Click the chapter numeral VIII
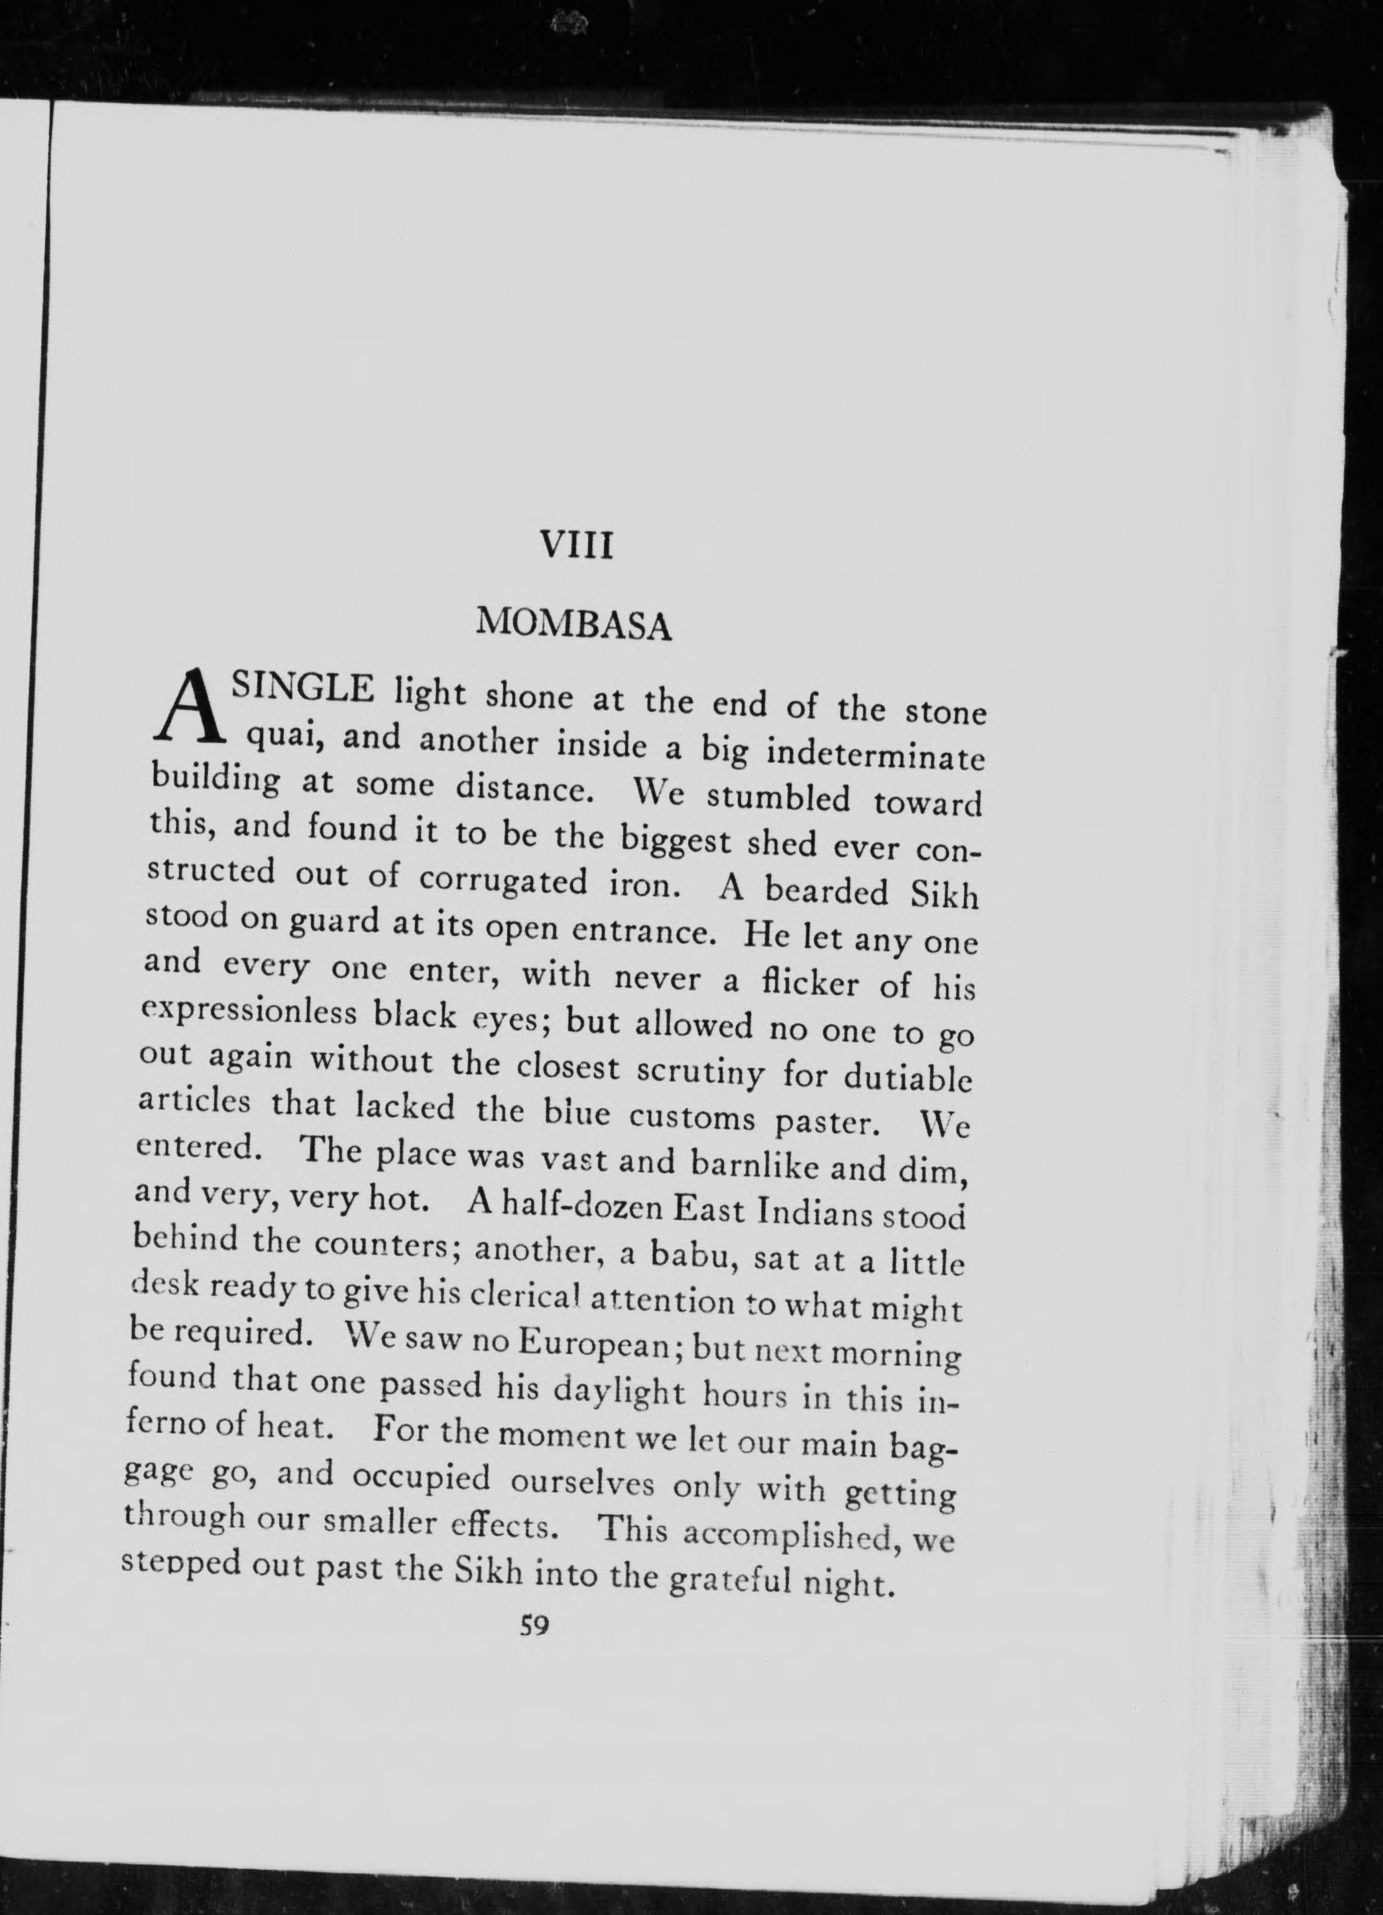click(x=576, y=546)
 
